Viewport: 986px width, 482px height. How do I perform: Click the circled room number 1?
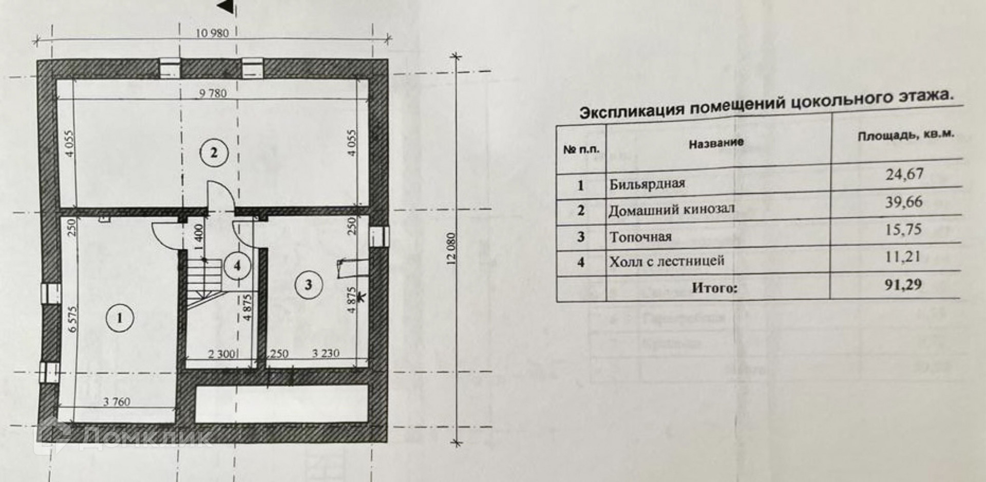[x=120, y=318]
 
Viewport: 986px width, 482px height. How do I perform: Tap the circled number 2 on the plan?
[x=214, y=152]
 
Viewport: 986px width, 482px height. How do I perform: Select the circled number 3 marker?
[x=308, y=284]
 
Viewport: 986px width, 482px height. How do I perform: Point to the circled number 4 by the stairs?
[x=237, y=266]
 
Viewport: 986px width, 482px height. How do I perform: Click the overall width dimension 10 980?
[x=212, y=33]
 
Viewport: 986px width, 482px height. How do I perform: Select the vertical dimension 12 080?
[x=451, y=249]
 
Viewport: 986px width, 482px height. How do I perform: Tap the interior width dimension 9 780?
[x=213, y=93]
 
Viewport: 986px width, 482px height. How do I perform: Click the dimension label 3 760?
[x=117, y=402]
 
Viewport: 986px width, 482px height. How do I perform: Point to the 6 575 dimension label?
[x=72, y=319]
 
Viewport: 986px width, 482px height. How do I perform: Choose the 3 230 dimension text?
[x=326, y=354]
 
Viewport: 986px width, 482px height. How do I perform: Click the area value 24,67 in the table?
[x=904, y=175]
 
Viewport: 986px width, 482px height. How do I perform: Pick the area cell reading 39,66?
[x=903, y=202]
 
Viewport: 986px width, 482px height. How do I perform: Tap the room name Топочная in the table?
[x=640, y=237]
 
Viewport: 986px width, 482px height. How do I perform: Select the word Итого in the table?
[x=714, y=288]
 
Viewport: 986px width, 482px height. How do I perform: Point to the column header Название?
[x=716, y=143]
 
